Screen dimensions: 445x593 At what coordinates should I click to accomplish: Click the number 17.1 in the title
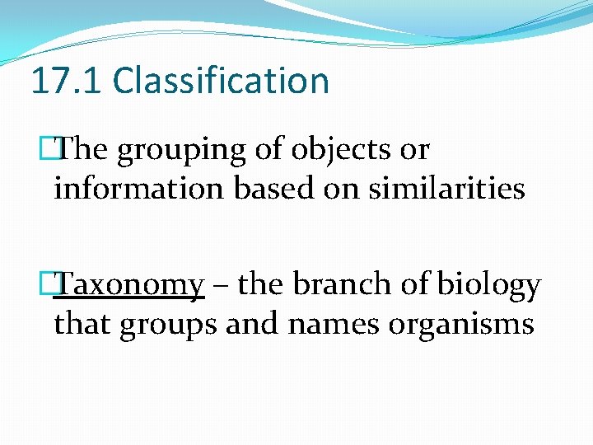(67, 81)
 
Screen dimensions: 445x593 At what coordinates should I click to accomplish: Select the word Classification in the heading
(221, 81)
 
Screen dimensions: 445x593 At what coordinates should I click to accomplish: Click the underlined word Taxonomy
(133, 286)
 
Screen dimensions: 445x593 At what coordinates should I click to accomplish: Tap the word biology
(489, 286)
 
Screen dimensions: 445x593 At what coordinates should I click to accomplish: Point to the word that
(83, 324)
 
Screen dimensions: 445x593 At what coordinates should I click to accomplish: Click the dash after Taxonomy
(220, 286)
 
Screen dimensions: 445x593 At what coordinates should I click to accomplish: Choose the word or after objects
(415, 151)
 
